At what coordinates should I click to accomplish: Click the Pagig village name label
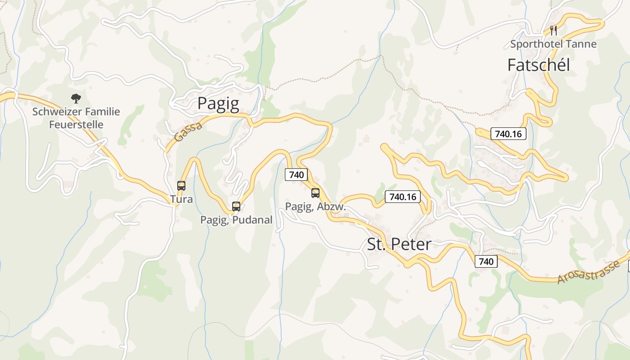coord(218,103)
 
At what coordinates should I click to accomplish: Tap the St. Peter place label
coord(399,244)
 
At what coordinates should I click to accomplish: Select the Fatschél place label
coord(538,65)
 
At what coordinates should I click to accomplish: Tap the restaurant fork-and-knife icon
coord(553,31)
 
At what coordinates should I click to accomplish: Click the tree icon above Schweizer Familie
coord(76,98)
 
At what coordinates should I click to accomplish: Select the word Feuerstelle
coord(76,125)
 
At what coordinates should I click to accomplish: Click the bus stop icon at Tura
coord(181,185)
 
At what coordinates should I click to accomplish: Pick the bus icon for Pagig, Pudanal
coord(236,207)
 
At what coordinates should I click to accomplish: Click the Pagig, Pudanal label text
coord(236,220)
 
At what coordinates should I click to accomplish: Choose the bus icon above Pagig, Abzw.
coord(315,193)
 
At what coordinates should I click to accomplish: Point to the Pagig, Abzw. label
coord(315,207)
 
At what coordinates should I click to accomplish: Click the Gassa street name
coord(188,132)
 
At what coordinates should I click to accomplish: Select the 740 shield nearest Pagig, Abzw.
coord(296,175)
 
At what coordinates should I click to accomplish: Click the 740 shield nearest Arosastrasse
coord(486,261)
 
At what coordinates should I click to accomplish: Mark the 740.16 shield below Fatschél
coord(508,134)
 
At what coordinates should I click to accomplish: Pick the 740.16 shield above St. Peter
coord(403,197)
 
